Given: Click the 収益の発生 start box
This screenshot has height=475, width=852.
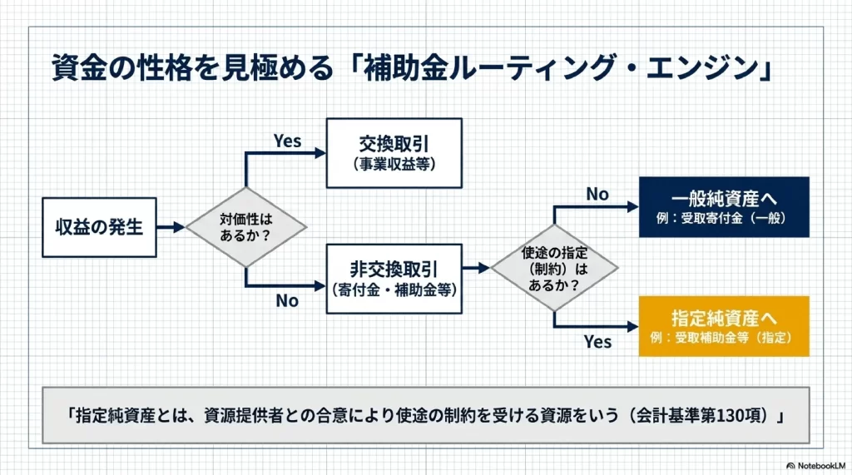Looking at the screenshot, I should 100,226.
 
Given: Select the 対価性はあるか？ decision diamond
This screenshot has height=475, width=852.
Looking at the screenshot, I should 246,226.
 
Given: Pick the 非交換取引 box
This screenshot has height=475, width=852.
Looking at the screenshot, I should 394,279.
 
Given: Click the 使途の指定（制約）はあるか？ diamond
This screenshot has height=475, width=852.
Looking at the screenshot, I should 553,268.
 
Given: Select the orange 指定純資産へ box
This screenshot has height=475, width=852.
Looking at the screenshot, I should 724,326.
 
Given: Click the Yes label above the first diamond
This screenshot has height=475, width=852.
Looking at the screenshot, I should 288,141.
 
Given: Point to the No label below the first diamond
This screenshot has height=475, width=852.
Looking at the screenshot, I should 287,301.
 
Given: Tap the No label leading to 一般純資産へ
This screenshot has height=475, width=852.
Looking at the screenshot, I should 597,195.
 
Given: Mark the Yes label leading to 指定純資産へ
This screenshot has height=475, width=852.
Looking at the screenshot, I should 597,342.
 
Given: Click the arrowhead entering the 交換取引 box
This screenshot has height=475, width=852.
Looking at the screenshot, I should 320,152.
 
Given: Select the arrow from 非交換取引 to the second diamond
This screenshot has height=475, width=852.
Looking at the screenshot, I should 476,268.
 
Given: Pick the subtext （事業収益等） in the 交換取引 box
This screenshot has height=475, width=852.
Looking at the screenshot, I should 394,163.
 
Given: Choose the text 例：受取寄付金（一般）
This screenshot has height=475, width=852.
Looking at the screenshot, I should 724,220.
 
